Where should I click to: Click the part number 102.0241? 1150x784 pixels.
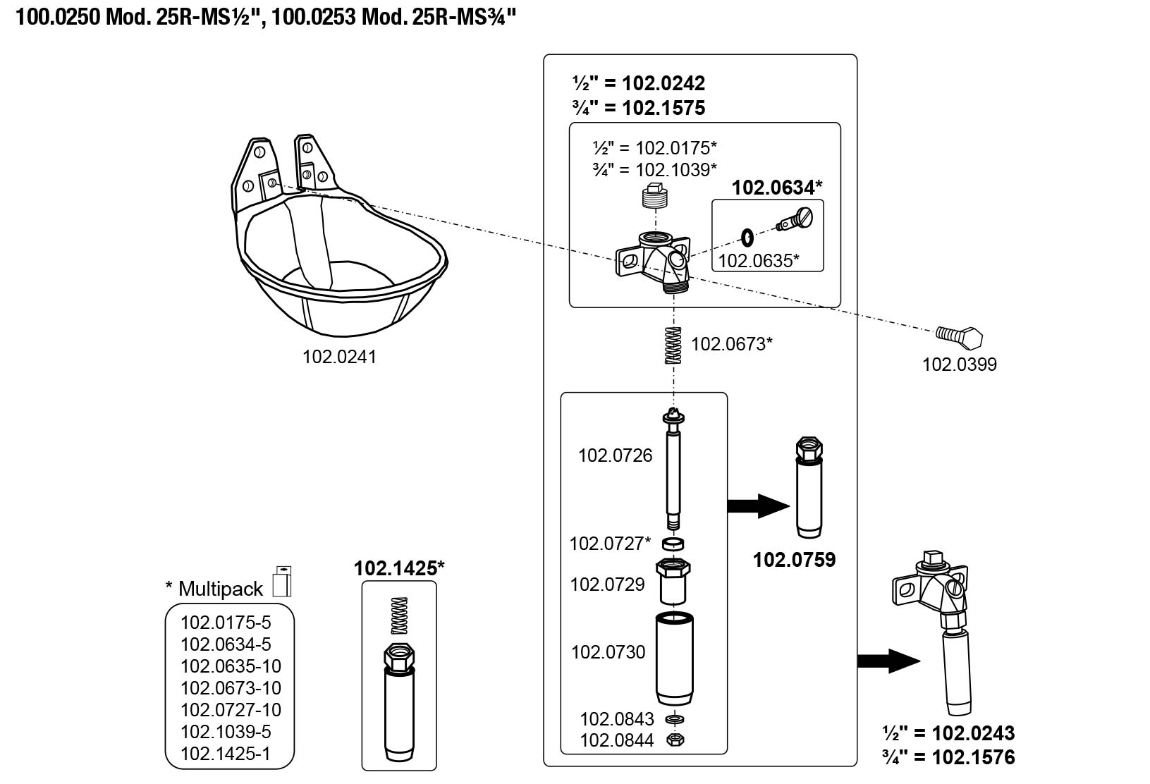click(x=339, y=357)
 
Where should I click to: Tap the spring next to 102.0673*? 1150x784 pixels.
click(x=674, y=346)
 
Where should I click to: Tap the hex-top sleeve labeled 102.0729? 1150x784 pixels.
click(x=674, y=581)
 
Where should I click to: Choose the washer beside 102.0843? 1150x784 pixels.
click(x=675, y=720)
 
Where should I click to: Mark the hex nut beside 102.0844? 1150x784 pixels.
click(x=675, y=740)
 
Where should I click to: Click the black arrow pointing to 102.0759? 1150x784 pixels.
click(x=758, y=506)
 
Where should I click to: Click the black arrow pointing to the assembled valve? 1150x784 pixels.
click(x=889, y=661)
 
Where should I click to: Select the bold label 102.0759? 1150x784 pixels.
click(x=794, y=560)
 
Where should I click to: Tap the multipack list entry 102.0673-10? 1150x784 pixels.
click(x=231, y=688)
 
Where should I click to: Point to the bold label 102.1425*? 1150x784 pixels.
click(x=399, y=568)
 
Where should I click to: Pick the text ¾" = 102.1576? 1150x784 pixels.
click(x=948, y=758)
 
